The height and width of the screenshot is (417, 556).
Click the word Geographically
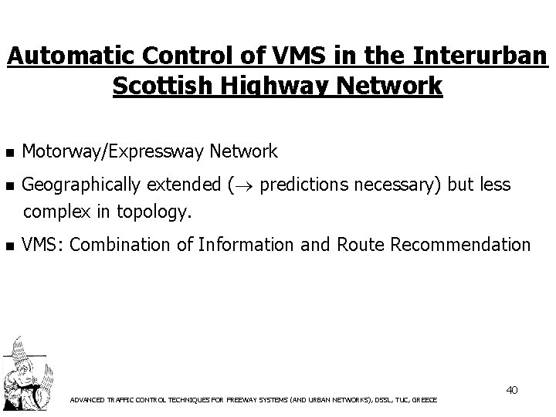82,185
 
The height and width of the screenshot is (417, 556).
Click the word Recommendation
461,246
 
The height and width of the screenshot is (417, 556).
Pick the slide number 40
512,390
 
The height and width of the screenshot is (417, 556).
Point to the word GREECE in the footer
424,400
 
